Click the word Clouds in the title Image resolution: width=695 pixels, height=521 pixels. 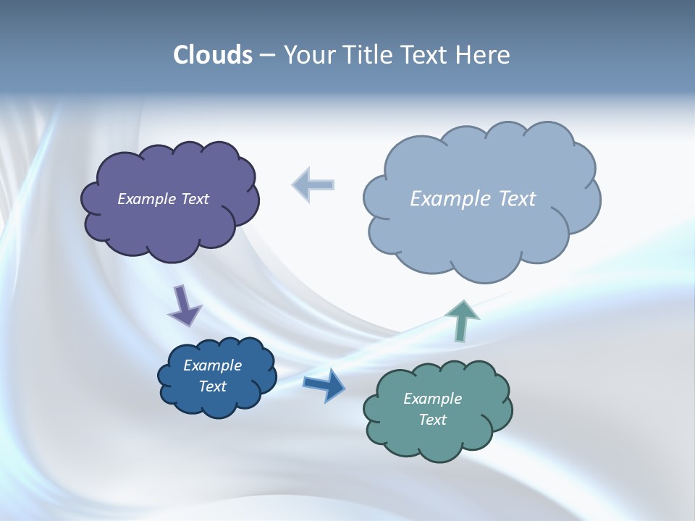click(x=213, y=55)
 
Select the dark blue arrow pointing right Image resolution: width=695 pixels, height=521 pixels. click(x=324, y=385)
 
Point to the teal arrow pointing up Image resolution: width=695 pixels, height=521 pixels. click(x=462, y=320)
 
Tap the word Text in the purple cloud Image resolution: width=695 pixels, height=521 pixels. click(x=195, y=199)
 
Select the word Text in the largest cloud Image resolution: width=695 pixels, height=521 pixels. click(x=517, y=199)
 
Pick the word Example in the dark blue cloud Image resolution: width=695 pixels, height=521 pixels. click(x=212, y=365)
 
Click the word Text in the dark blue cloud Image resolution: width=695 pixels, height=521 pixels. click(x=212, y=386)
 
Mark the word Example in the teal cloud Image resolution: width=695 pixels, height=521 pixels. click(x=432, y=399)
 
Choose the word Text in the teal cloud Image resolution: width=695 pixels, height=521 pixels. click(x=432, y=420)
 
